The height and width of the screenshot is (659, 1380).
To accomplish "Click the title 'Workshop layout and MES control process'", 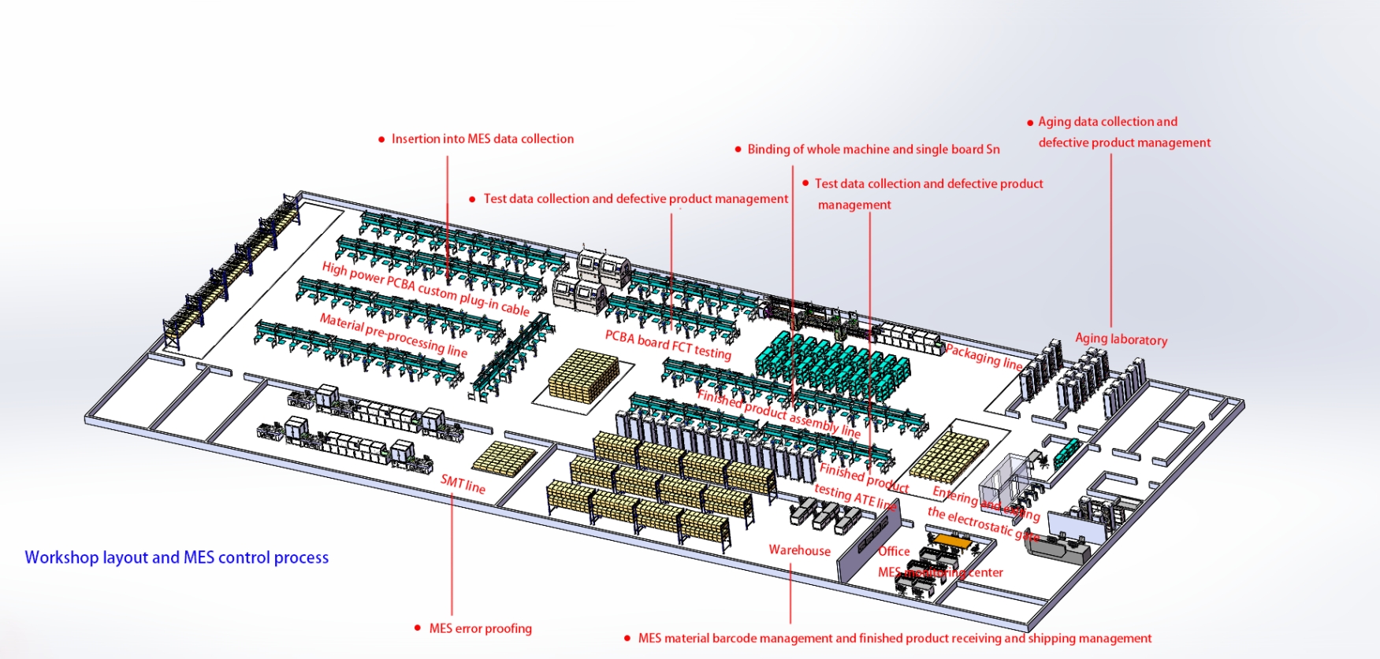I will point(177,557).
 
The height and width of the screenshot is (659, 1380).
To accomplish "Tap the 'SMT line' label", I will point(463,484).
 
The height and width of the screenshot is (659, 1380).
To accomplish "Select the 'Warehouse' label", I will point(799,550).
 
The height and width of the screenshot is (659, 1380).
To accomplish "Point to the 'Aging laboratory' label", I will point(1121,339).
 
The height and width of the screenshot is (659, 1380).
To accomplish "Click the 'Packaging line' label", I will point(984,356).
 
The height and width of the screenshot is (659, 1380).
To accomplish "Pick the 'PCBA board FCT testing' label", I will point(668,345).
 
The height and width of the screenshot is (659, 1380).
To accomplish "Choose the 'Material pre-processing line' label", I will point(392,335).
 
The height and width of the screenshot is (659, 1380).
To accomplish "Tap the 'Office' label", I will point(894,551).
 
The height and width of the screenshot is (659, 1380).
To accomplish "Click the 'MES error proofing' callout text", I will point(480,628).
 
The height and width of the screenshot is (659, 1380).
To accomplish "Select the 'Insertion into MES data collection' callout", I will point(482,139).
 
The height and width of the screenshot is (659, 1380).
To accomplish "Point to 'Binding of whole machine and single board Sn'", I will point(873,149).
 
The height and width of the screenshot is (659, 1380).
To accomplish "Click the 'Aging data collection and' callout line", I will point(1107,121).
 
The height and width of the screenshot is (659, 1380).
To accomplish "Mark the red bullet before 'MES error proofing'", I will point(417,628).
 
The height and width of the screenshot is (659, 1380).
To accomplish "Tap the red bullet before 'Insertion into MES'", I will point(381,139).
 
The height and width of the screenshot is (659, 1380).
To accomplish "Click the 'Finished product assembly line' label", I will point(778,414).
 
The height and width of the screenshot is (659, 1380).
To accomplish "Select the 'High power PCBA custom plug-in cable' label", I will point(425,289).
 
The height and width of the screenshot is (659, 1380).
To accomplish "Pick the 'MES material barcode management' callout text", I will point(895,638).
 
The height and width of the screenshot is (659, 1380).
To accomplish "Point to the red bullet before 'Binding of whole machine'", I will point(738,150).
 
